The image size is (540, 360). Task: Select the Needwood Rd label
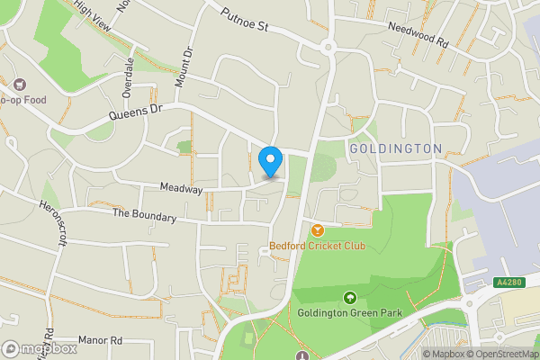pyautogui.click(x=417, y=35)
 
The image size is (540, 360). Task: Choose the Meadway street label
pyautogui.click(x=181, y=189)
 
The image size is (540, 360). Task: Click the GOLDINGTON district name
pyautogui.click(x=395, y=148)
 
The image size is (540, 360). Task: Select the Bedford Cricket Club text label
pyautogui.click(x=318, y=247)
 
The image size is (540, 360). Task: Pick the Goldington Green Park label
pyautogui.click(x=348, y=313)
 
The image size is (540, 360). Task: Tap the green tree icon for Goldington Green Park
pyautogui.click(x=348, y=298)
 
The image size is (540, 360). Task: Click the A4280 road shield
pyautogui.click(x=508, y=283)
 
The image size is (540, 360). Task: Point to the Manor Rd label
pyautogui.click(x=100, y=340)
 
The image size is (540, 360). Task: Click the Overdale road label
pyautogui.click(x=129, y=77)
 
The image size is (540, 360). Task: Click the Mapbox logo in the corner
pyautogui.click(x=38, y=348)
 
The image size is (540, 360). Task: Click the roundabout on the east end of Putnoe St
pyautogui.click(x=328, y=46)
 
